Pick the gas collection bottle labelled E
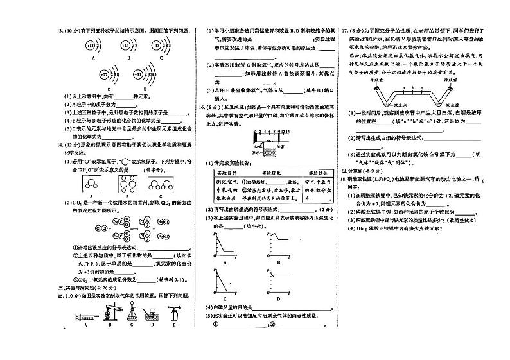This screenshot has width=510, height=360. pos(175,315)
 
